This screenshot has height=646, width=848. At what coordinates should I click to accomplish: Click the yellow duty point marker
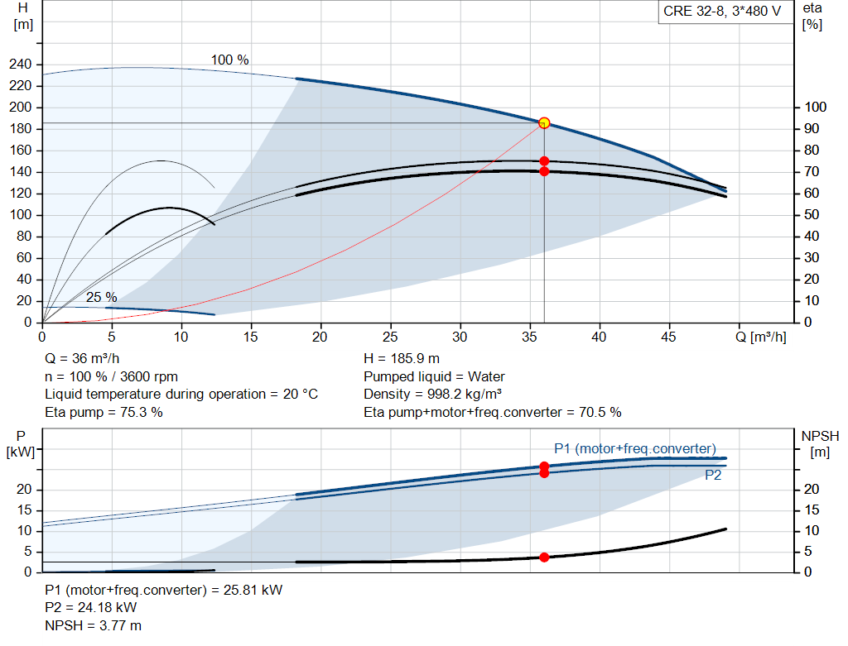(x=544, y=123)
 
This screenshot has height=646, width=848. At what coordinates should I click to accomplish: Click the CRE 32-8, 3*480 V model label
(x=722, y=12)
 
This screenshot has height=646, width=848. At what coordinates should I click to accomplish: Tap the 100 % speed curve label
(x=230, y=60)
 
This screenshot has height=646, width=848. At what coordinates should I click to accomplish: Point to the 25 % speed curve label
(x=102, y=297)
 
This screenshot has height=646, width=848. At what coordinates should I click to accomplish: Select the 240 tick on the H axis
(x=21, y=65)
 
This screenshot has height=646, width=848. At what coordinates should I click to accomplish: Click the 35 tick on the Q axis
(x=529, y=337)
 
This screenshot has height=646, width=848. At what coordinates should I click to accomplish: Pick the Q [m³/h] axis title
(x=761, y=337)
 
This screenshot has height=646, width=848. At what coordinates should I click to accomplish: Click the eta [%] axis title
(x=812, y=17)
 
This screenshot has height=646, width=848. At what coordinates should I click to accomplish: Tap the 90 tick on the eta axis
(x=812, y=128)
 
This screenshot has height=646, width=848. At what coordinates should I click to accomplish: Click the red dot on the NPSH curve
(x=544, y=557)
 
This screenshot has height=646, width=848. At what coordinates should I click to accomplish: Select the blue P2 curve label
(x=713, y=476)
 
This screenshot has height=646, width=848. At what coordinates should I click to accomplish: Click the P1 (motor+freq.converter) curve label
(x=635, y=449)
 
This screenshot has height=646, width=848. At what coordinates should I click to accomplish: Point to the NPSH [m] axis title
(x=821, y=443)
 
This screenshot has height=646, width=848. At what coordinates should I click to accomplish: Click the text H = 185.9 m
(x=402, y=359)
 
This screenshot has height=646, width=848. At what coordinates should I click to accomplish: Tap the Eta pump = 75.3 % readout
(x=104, y=413)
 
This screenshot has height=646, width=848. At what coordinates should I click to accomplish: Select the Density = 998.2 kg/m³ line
(x=432, y=395)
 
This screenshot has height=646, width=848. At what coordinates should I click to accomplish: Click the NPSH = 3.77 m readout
(x=93, y=626)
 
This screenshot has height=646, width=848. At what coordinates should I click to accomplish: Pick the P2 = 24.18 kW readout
(x=91, y=608)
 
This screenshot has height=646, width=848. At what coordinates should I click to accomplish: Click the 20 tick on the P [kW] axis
(x=24, y=490)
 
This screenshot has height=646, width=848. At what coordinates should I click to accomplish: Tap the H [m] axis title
(x=22, y=17)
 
